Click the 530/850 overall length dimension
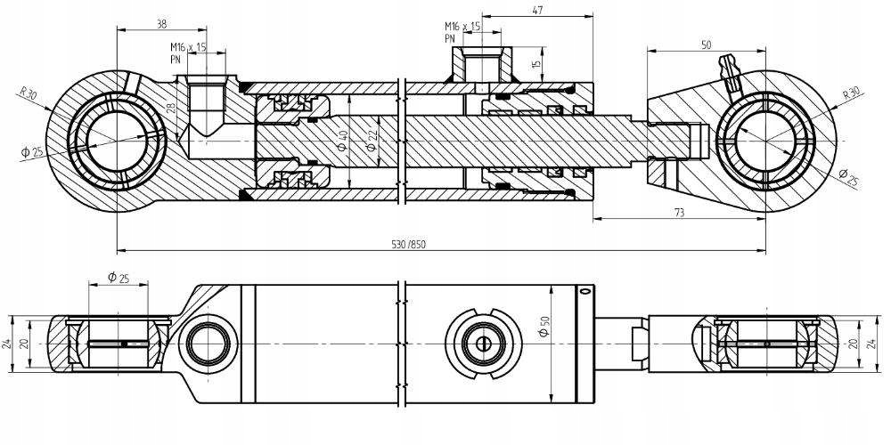[x=409, y=245]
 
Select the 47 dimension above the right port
[x=536, y=10]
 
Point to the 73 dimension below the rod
[x=679, y=213]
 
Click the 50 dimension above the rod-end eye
[x=707, y=45]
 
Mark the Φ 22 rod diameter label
[x=372, y=140]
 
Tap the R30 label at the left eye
[x=28, y=93]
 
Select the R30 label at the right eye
[x=854, y=93]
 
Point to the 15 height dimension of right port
[x=536, y=63]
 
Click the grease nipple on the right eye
[x=731, y=71]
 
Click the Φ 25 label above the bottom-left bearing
[x=119, y=278]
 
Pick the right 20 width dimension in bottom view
[x=853, y=344]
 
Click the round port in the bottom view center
[x=484, y=344]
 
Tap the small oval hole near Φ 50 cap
[x=584, y=292]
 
